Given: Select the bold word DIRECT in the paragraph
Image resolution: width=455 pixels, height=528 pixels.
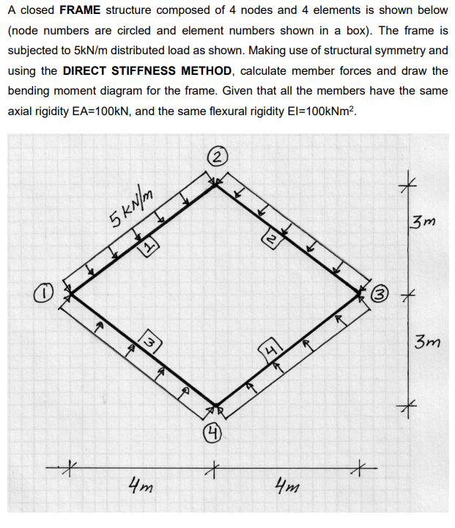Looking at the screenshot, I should pyautogui.click(x=86, y=70).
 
